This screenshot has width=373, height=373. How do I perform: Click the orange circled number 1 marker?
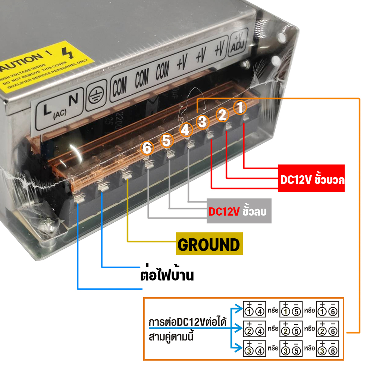click(x=240, y=108)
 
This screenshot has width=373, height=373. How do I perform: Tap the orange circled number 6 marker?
click(x=147, y=148)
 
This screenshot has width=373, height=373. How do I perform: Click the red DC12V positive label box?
click(x=311, y=178)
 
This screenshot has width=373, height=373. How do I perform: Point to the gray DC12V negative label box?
click(x=239, y=212)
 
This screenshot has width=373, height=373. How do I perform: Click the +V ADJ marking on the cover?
click(x=237, y=43)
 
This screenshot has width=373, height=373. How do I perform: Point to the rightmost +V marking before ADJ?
click(x=219, y=48)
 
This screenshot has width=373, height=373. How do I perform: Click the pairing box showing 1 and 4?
click(x=255, y=308)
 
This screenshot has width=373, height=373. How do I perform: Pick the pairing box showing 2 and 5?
click(x=291, y=329)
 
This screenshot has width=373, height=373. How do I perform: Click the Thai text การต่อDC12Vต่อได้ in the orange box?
click(x=187, y=322)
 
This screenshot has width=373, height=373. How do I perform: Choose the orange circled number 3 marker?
click(x=202, y=122)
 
